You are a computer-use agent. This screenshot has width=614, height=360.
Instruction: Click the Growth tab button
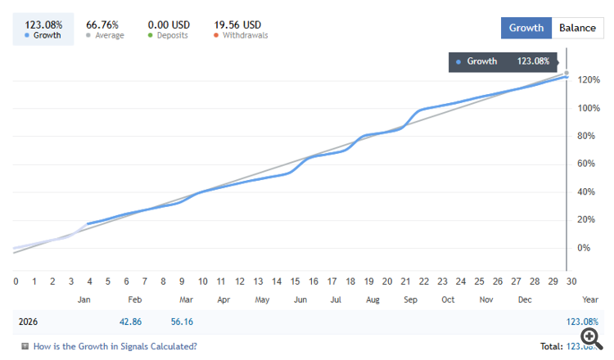[526, 28]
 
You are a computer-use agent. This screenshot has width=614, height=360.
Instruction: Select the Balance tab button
[577, 28]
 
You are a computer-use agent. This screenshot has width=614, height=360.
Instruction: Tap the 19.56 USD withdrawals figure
[237, 25]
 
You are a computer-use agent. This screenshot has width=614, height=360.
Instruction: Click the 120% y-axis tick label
[587, 80]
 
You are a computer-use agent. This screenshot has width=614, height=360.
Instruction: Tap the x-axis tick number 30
[571, 281]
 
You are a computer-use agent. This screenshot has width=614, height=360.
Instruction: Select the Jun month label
[300, 300]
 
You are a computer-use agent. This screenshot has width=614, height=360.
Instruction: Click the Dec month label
[525, 300]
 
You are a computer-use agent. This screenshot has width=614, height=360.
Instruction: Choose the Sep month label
[410, 300]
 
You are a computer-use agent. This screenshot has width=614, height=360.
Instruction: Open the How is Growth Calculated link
[115, 346]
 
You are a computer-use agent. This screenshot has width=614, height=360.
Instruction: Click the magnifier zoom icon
[589, 337]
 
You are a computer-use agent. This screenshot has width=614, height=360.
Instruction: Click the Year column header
[589, 300]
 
